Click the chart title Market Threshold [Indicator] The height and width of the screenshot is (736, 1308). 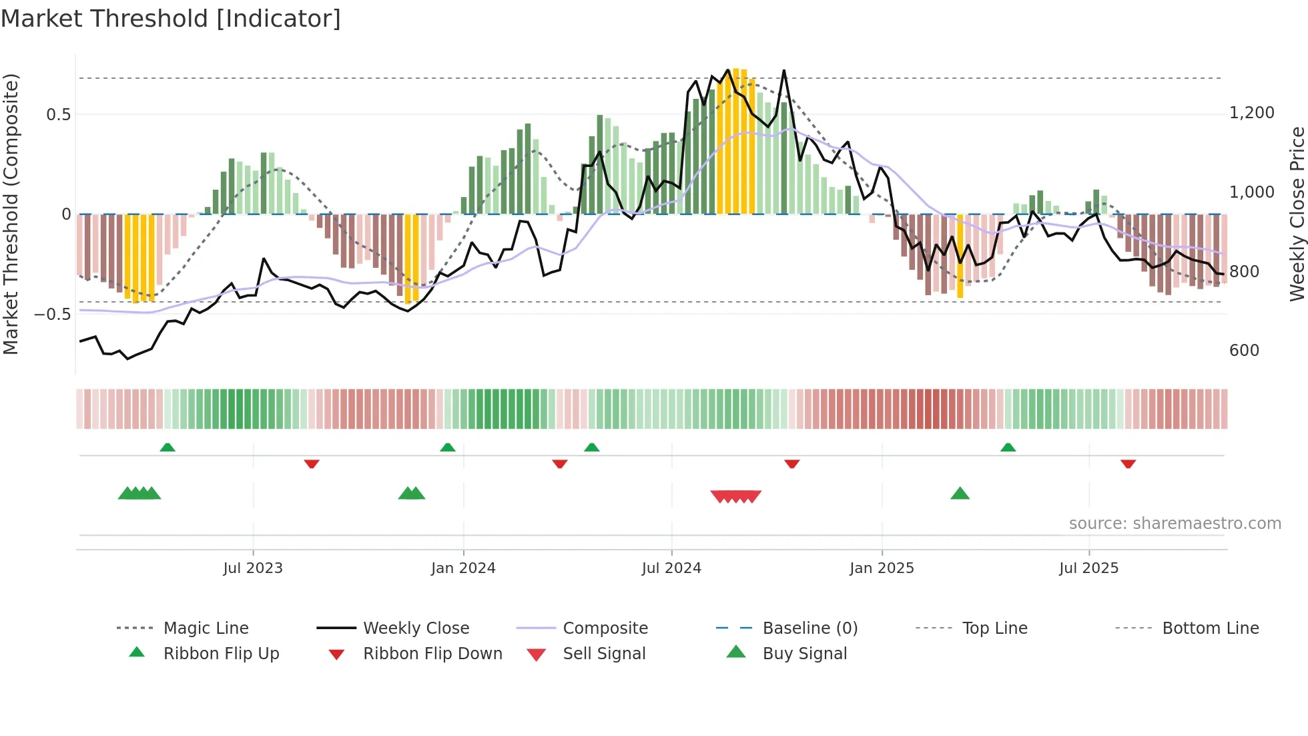(x=171, y=19)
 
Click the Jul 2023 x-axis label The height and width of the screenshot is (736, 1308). (x=253, y=568)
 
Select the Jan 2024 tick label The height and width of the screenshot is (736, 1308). (x=463, y=568)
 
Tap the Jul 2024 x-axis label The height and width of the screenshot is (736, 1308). (x=671, y=568)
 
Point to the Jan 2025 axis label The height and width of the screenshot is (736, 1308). (x=882, y=568)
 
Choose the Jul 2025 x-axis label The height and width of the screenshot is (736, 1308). (x=1088, y=568)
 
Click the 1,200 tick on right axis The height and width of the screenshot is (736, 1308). (x=1252, y=113)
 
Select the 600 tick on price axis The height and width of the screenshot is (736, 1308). (x=1244, y=351)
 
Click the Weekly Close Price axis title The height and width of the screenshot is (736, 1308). (x=1297, y=214)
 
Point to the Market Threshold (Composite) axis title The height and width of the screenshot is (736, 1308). (x=11, y=214)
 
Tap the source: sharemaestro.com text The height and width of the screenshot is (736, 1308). (x=1175, y=524)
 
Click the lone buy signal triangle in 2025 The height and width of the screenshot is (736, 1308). (x=960, y=494)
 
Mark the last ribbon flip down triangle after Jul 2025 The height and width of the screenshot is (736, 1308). (x=1128, y=464)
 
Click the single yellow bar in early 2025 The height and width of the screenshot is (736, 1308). (x=960, y=256)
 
